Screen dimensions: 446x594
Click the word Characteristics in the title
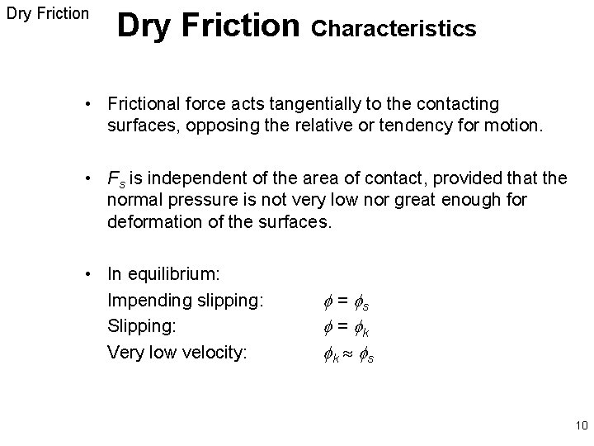click(x=394, y=29)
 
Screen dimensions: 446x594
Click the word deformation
click(x=150, y=222)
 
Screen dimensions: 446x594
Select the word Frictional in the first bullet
click(x=143, y=104)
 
